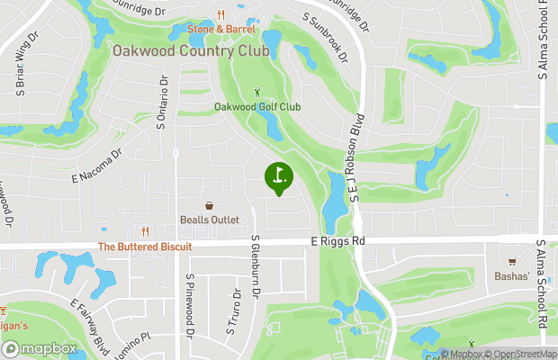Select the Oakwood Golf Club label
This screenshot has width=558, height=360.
click(257, 106)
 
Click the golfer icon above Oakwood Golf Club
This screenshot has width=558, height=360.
click(258, 91)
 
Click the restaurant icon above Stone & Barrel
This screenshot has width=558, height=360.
click(220, 14)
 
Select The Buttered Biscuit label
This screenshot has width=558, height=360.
click(144, 246)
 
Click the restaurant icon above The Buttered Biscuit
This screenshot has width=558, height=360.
click(144, 230)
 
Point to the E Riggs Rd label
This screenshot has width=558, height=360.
click(338, 241)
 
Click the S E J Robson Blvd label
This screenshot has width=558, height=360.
click(356, 157)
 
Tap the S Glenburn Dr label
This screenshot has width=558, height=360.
click(256, 267)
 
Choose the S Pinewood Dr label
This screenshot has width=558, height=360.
click(191, 305)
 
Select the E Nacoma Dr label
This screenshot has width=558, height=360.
click(96, 166)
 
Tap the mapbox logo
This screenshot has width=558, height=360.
click(40, 347)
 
